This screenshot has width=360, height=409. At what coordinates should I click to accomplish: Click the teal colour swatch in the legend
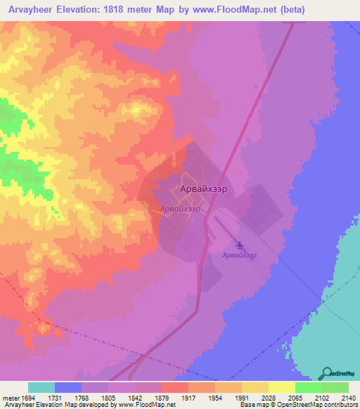pos(41,387)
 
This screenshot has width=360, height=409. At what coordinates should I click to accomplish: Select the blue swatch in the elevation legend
pos(67,387)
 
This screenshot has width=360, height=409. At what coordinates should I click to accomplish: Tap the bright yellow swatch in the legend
pos(281,387)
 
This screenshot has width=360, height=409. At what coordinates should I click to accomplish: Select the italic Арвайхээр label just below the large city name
pos(180,209)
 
